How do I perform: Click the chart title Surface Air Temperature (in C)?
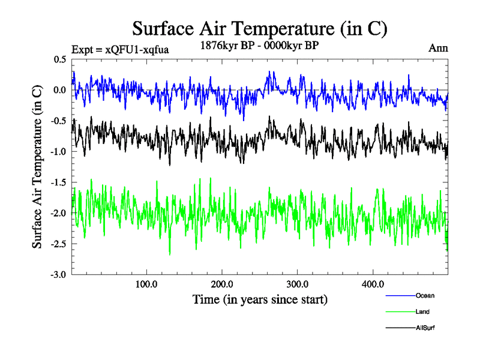pyautogui.click(x=259, y=28)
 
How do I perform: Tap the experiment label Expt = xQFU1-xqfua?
pyautogui.click(x=120, y=49)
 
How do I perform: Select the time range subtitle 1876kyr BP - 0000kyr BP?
pyautogui.click(x=259, y=45)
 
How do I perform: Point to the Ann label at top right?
pyautogui.click(x=439, y=48)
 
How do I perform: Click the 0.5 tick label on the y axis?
pyautogui.click(x=60, y=59)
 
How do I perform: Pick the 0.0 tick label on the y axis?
pyautogui.click(x=60, y=90)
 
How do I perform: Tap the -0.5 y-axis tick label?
pyautogui.click(x=58, y=121)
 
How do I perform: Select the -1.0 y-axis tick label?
pyautogui.click(x=58, y=152)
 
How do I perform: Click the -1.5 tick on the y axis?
pyautogui.click(x=58, y=182)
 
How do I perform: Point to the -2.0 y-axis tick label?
pyautogui.click(x=58, y=213)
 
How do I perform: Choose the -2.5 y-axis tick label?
pyautogui.click(x=58, y=244)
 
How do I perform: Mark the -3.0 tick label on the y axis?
pyautogui.click(x=58, y=275)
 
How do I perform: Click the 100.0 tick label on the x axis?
pyautogui.click(x=146, y=284)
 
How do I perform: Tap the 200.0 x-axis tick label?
pyautogui.click(x=222, y=284)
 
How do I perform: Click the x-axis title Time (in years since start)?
pyautogui.click(x=260, y=299)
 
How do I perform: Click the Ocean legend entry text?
pyautogui.click(x=424, y=295)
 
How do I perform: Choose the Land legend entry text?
pyautogui.click(x=422, y=311)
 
